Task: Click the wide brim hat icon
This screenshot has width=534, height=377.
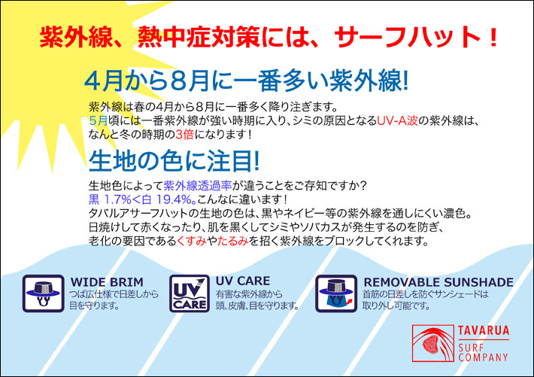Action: [x=44, y=293]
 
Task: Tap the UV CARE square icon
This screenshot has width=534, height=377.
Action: [x=190, y=293]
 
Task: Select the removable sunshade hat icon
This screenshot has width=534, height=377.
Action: [x=336, y=293]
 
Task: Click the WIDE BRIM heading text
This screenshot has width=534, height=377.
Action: [x=107, y=282]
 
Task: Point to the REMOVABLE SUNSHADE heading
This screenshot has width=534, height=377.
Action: [x=438, y=282]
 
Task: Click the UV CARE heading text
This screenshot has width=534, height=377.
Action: [x=243, y=281]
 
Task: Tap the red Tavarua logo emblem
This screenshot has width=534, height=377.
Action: [x=433, y=343]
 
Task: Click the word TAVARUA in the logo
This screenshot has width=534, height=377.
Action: [x=484, y=330]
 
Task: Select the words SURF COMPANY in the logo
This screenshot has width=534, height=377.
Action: [x=483, y=352]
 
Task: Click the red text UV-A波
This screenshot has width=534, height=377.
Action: [x=397, y=120]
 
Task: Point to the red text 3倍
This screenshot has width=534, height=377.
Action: [x=184, y=135]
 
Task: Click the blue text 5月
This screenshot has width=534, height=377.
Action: [x=98, y=120]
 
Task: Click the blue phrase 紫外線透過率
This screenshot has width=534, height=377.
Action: [x=198, y=185]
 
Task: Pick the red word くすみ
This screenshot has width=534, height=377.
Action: [x=192, y=241]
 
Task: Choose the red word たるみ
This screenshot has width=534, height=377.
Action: [x=233, y=241]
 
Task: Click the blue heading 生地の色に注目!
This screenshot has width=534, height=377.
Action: [x=174, y=161]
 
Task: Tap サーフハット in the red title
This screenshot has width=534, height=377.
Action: [x=408, y=37]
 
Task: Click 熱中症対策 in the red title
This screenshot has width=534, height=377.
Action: [x=199, y=37]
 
